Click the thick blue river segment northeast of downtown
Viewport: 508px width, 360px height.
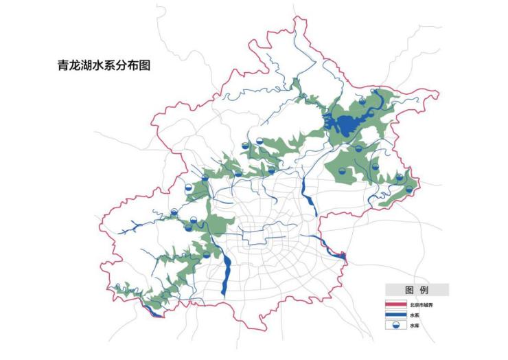point(306,199)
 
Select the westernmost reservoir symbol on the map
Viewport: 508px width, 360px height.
point(174,213)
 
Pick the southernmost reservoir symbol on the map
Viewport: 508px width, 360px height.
point(207,255)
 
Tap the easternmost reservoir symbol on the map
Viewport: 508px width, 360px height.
point(409,190)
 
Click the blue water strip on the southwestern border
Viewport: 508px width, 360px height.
point(156,313)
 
